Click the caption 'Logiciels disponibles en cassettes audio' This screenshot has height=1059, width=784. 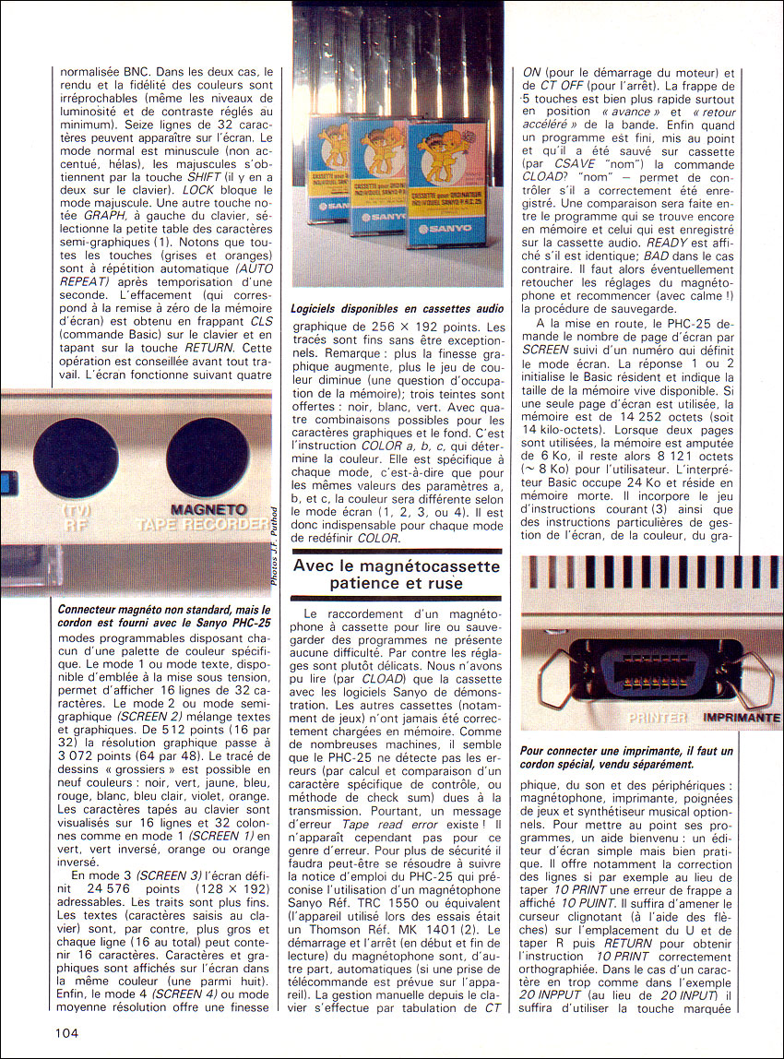point(398,309)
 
